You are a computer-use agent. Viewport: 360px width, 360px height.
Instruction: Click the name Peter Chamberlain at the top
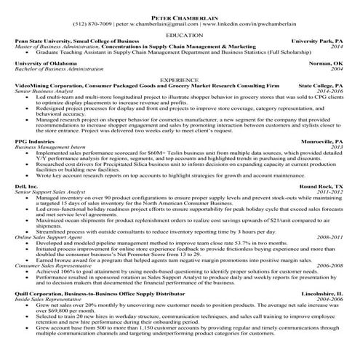point(180,15)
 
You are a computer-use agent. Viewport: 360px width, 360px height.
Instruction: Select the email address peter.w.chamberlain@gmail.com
point(157,23)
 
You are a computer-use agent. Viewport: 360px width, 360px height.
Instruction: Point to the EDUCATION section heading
point(180,34)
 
